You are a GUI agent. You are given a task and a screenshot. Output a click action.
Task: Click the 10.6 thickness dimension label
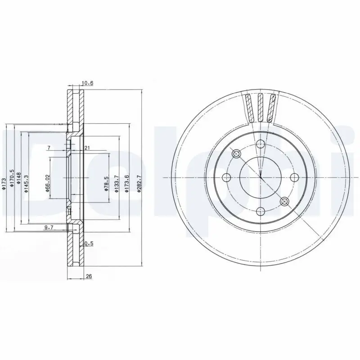(x=88, y=83)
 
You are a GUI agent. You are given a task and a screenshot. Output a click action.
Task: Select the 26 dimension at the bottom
(x=88, y=276)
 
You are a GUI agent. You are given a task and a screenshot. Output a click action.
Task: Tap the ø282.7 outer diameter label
(x=139, y=184)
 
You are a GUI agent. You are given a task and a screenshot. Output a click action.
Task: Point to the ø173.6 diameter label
(x=128, y=184)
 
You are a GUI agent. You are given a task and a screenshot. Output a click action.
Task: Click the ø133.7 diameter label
(x=117, y=184)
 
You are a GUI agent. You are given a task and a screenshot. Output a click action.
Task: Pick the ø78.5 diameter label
(x=106, y=184)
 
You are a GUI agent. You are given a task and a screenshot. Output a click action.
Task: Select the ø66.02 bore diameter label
(x=47, y=184)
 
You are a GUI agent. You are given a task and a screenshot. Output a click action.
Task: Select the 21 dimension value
(x=87, y=148)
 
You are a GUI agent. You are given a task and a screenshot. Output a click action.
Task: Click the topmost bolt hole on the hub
(x=260, y=144)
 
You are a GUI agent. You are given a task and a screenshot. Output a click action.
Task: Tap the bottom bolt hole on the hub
(x=260, y=210)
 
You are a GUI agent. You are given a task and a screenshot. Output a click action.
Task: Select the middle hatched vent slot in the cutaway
(x=261, y=108)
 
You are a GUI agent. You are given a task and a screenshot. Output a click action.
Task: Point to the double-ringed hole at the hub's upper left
(x=237, y=154)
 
